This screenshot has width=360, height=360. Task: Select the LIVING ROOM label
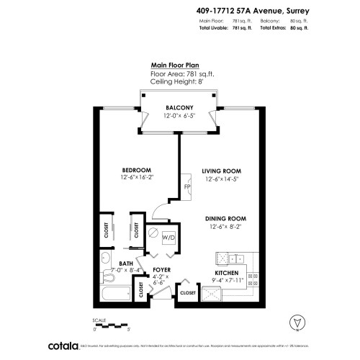[x=219, y=171]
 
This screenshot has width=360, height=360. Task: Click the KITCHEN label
[x=225, y=274]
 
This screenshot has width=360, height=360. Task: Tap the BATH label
[x=126, y=264]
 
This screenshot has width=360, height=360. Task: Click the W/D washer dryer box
[x=169, y=237]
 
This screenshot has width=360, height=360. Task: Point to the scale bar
[x=112, y=323]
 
